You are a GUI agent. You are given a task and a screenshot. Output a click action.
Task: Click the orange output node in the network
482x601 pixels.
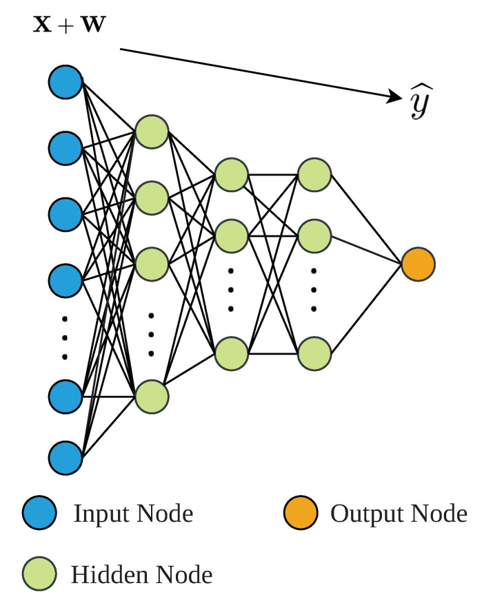(418, 264)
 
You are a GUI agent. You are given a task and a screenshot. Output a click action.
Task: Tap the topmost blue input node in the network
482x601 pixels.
(66, 82)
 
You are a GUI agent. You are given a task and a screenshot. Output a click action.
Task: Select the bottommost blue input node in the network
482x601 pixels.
(66, 458)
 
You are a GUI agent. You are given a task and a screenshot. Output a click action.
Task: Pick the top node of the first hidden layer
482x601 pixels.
(152, 131)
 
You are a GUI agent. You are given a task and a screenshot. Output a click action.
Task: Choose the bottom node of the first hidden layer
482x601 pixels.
(152, 397)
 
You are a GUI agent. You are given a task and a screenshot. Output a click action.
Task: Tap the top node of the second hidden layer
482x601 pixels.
(232, 175)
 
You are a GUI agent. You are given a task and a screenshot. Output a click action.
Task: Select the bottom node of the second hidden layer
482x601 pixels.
(232, 354)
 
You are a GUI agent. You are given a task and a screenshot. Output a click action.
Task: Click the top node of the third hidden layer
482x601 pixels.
(314, 175)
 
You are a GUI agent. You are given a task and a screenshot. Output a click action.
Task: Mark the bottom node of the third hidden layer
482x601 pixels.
(314, 354)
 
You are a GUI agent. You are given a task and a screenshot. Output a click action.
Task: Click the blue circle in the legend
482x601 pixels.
(39, 514)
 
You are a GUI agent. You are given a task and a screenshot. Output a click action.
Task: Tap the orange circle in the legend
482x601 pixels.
(301, 514)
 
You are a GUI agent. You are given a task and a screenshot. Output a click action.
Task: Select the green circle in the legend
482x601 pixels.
(39, 573)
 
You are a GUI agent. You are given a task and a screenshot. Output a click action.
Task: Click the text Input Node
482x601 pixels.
(133, 514)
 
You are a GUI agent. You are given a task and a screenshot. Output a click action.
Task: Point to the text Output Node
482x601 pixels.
(399, 514)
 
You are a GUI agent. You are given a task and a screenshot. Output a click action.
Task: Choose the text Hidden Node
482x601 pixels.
(141, 573)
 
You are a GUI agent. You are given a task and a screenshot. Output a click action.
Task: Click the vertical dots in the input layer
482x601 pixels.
(66, 337)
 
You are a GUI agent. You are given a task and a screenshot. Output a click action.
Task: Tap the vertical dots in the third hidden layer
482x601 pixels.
(314, 289)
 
